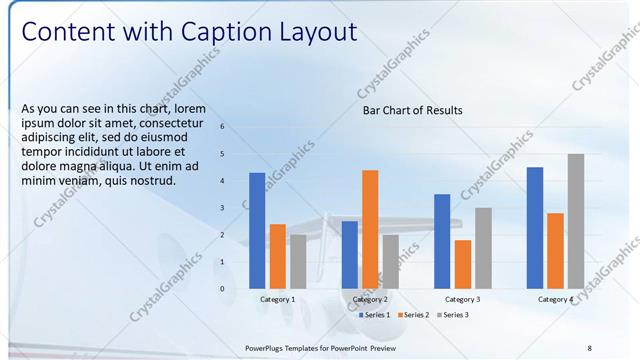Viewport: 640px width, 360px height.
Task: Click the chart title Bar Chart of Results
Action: coord(412,110)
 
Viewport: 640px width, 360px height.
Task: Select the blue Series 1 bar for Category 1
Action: coord(257,230)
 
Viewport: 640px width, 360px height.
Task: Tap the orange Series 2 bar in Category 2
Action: coord(370,228)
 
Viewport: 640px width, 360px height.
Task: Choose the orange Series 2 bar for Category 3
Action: coord(462,263)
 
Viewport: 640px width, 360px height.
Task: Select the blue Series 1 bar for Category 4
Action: coord(535,227)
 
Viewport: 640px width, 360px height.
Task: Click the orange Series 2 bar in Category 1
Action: coord(278,255)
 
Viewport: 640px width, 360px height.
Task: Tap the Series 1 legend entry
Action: coord(373,315)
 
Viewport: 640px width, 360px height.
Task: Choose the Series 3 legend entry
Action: coord(451,315)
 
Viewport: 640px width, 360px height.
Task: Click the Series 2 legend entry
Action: coord(412,315)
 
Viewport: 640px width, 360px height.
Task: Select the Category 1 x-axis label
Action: coord(277,299)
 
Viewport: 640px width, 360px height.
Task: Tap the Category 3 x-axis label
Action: coord(462,299)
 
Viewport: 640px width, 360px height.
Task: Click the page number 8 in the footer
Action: coord(589,347)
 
